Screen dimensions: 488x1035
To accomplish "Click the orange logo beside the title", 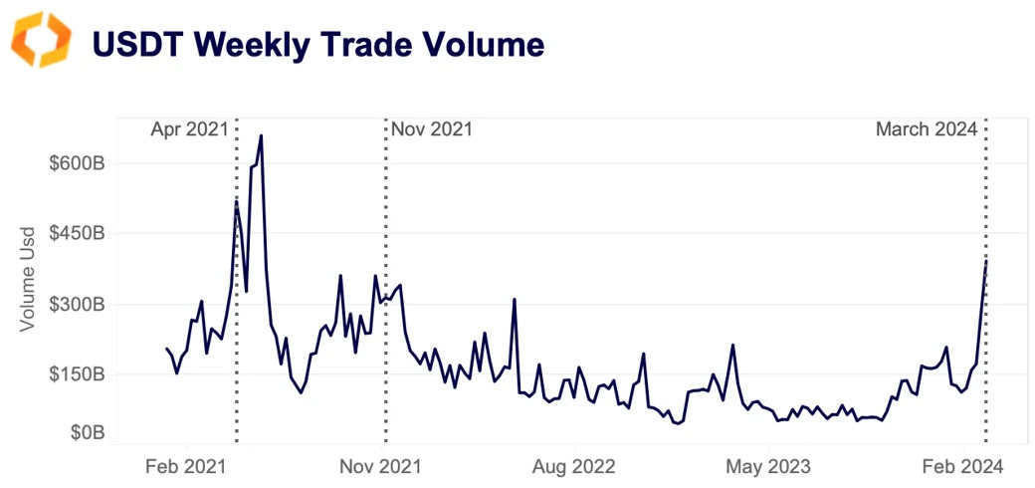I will (x=41, y=41).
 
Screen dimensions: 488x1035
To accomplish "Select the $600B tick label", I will (x=76, y=163).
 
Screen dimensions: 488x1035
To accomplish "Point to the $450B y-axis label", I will (x=76, y=234).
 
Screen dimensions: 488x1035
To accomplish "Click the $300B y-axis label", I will (x=76, y=305).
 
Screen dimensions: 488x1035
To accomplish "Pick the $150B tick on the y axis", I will (x=76, y=374).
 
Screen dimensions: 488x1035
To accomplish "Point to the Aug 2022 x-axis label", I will (x=574, y=465).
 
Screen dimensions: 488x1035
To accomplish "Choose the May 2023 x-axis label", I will (x=768, y=465).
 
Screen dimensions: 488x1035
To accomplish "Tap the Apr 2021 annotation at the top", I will (x=190, y=129).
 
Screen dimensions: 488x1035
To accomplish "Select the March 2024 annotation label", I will (x=927, y=129).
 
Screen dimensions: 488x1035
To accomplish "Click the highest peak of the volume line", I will (x=261, y=136).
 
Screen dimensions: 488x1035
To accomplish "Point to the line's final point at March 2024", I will (x=985, y=261).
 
